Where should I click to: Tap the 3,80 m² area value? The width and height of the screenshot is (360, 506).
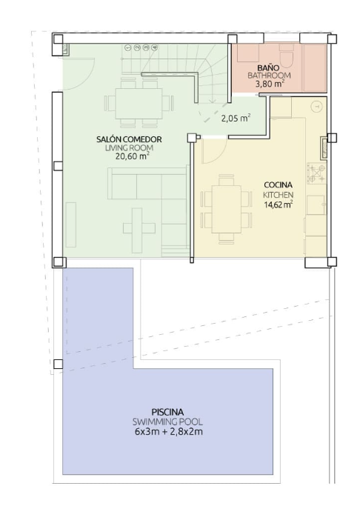click(x=270, y=84)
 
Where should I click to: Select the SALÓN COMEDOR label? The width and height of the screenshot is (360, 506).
click(x=129, y=139)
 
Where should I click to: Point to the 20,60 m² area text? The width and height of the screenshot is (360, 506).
click(x=132, y=156)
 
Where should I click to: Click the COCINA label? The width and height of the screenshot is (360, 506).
click(x=278, y=185)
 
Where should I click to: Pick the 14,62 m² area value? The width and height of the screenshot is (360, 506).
click(x=278, y=204)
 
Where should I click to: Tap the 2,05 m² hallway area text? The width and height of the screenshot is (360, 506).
click(x=236, y=118)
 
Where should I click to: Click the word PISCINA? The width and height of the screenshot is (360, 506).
click(x=167, y=412)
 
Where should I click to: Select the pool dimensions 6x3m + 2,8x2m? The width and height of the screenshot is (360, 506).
click(x=169, y=431)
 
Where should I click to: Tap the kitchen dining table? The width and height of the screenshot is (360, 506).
click(x=226, y=209)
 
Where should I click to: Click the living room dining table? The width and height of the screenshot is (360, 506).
click(x=139, y=104)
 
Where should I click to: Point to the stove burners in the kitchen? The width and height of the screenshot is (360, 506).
click(x=317, y=173)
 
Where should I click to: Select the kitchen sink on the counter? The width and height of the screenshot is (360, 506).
click(x=316, y=204)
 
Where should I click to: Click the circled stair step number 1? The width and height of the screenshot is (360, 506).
click(x=127, y=47)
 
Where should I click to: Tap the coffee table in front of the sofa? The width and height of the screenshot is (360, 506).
click(x=137, y=228)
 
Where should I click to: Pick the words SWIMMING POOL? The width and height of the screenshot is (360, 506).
click(x=167, y=422)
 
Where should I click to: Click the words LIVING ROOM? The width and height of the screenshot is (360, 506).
click(x=129, y=148)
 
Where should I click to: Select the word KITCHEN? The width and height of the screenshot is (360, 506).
click(x=278, y=195)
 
